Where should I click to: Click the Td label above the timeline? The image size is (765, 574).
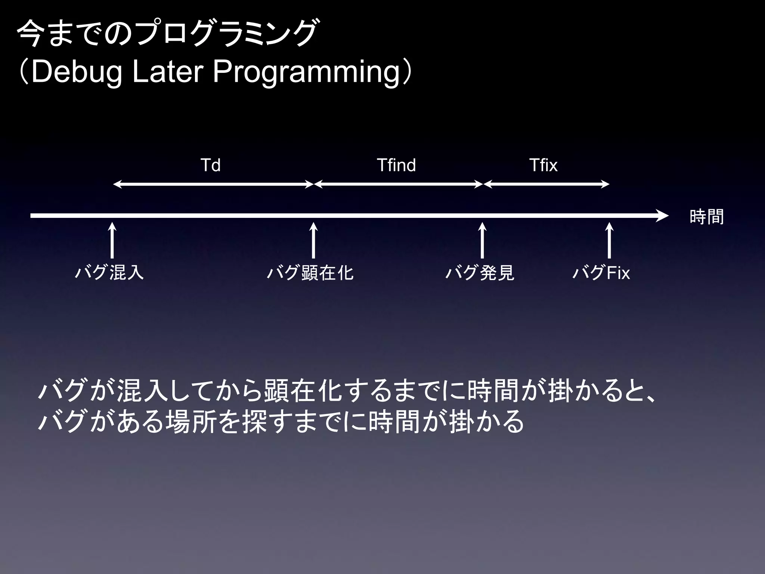click(210, 165)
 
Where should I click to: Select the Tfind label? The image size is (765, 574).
click(396, 165)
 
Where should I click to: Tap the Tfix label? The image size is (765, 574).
click(543, 165)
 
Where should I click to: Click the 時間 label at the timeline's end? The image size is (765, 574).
click(706, 217)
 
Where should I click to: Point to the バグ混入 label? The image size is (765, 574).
click(109, 272)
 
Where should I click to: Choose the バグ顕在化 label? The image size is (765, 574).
click(310, 272)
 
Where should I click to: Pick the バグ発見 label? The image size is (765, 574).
click(480, 272)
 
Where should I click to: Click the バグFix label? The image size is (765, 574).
click(601, 272)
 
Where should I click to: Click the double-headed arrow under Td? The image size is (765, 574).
click(213, 184)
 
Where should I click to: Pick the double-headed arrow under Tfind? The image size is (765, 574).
click(398, 184)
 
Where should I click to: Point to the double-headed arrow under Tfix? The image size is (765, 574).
click(546, 184)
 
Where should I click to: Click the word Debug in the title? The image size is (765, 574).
click(77, 72)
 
